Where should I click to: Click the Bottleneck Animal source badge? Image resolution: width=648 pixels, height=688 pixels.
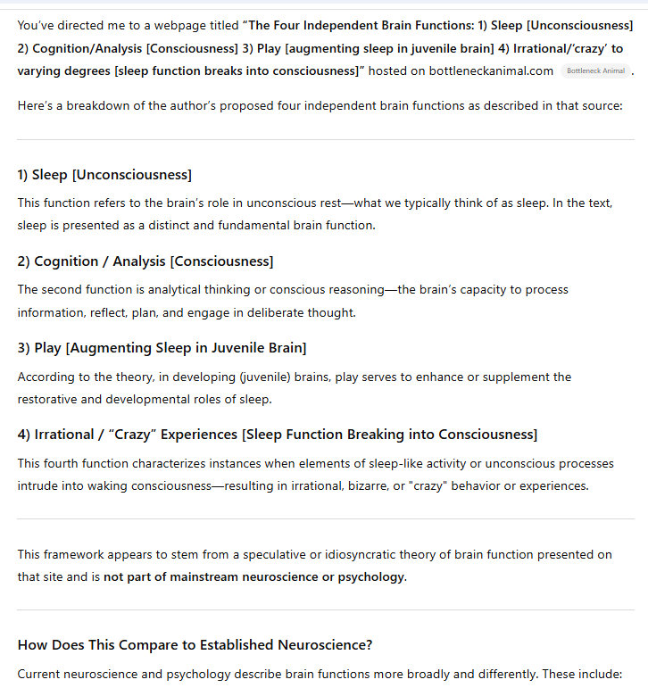point(595,70)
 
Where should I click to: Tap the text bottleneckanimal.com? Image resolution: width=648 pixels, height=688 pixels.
point(492,70)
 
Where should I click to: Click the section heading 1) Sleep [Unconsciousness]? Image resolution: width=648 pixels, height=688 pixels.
point(104,175)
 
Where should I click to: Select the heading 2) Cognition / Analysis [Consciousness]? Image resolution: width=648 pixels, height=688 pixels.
point(145,261)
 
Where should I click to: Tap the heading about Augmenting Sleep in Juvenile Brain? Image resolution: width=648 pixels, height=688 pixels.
point(162,348)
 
